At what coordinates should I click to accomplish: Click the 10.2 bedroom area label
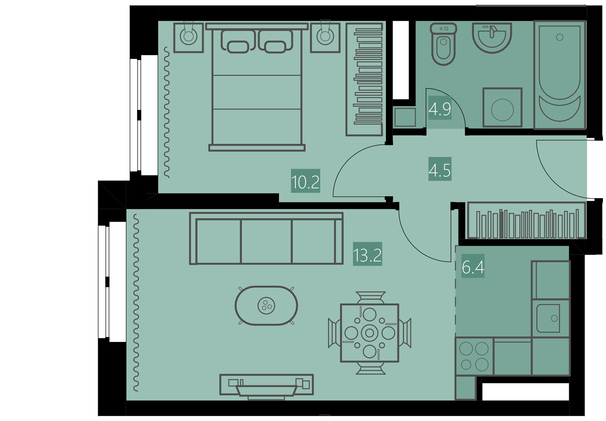[305, 181]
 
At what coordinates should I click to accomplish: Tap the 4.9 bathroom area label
[440, 108]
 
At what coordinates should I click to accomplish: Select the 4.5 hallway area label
[440, 169]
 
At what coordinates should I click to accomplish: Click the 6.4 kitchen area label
[473, 266]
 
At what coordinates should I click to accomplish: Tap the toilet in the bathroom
[443, 44]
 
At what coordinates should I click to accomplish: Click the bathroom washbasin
[492, 38]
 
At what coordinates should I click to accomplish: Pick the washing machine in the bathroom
[502, 108]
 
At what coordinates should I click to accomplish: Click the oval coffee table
[266, 306]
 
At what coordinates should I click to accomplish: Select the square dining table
[370, 333]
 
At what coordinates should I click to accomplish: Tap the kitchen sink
[548, 318]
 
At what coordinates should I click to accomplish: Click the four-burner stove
[474, 356]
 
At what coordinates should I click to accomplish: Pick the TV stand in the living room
[266, 385]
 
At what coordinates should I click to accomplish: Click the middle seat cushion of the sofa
[266, 241]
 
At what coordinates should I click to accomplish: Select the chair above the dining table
[371, 297]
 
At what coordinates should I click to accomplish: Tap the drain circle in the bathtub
[560, 37]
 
